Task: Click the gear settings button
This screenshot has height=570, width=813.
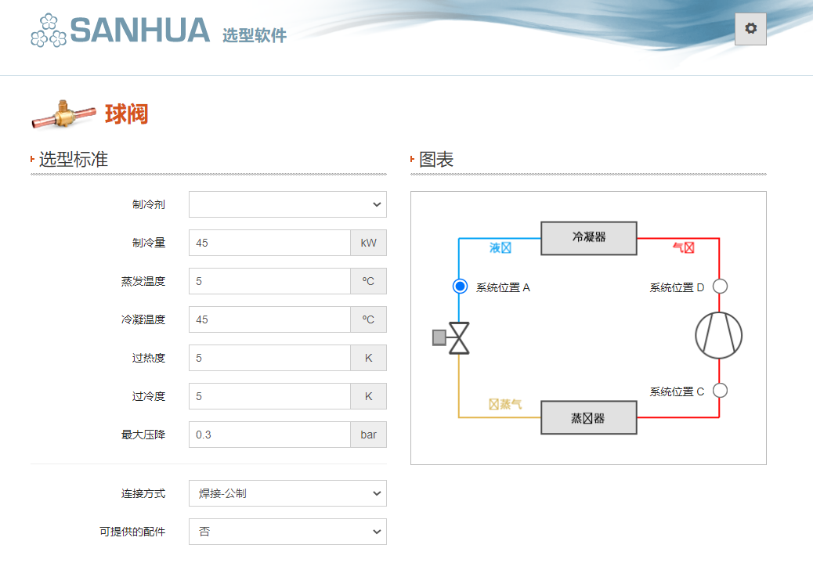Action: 750,29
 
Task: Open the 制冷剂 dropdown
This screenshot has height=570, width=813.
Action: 287,204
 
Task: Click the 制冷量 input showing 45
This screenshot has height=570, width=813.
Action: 269,243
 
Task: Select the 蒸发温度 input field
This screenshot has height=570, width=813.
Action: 269,281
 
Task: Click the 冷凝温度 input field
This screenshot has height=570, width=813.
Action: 269,319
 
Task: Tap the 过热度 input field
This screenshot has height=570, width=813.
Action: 269,358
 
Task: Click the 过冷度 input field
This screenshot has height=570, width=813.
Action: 269,396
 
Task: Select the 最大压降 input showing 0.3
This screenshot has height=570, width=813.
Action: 269,435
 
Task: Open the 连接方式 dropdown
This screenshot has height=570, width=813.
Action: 287,493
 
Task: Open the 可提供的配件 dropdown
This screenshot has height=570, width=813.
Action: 287,532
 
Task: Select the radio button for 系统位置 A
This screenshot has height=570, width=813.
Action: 460,287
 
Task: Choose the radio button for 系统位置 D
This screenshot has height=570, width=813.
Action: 721,287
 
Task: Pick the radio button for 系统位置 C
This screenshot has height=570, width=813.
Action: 721,390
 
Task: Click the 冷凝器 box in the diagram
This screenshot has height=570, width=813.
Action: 589,237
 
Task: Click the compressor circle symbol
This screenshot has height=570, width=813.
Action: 719,335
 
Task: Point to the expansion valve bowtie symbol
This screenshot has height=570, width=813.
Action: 459,338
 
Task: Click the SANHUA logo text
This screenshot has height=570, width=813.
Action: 139,31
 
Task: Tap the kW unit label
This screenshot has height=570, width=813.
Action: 368,243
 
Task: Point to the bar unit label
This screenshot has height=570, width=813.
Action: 368,435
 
